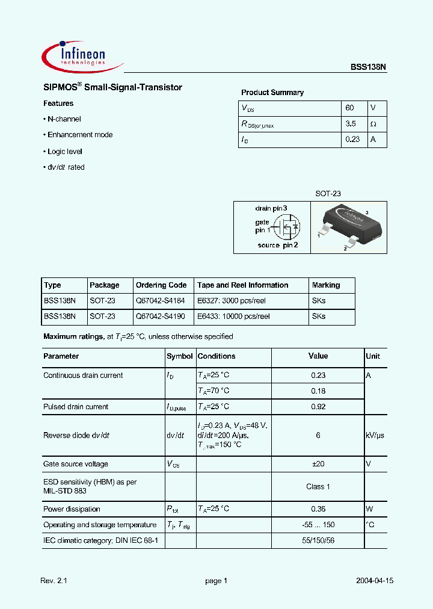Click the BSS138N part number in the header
coord(369,68)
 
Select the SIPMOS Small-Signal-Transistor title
coord(112,88)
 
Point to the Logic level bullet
coord(64,152)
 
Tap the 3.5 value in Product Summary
coord(351,123)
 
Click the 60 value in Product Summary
coord(350,108)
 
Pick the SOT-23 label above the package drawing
coord(328,194)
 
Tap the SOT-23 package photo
coord(348,227)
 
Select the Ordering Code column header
coord(161,285)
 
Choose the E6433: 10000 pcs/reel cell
coord(233,316)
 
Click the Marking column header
coord(326,285)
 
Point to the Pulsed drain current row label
coord(76,407)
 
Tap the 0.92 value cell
coord(318,407)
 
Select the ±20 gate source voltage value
coord(318,464)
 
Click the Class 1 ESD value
coord(318,486)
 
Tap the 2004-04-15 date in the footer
coord(374,581)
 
